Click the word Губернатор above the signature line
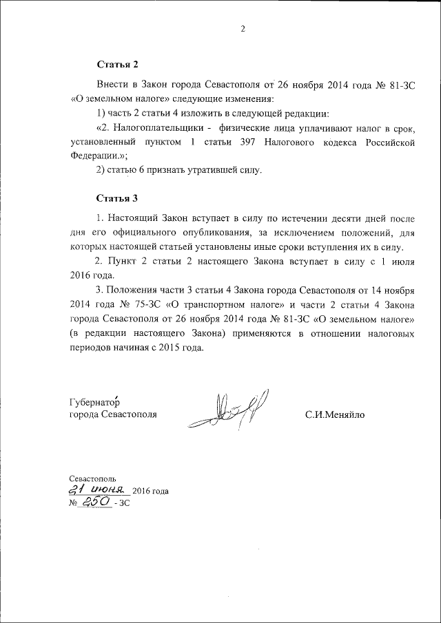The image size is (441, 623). coord(95,402)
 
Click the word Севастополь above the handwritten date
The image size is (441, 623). coord(93,478)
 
